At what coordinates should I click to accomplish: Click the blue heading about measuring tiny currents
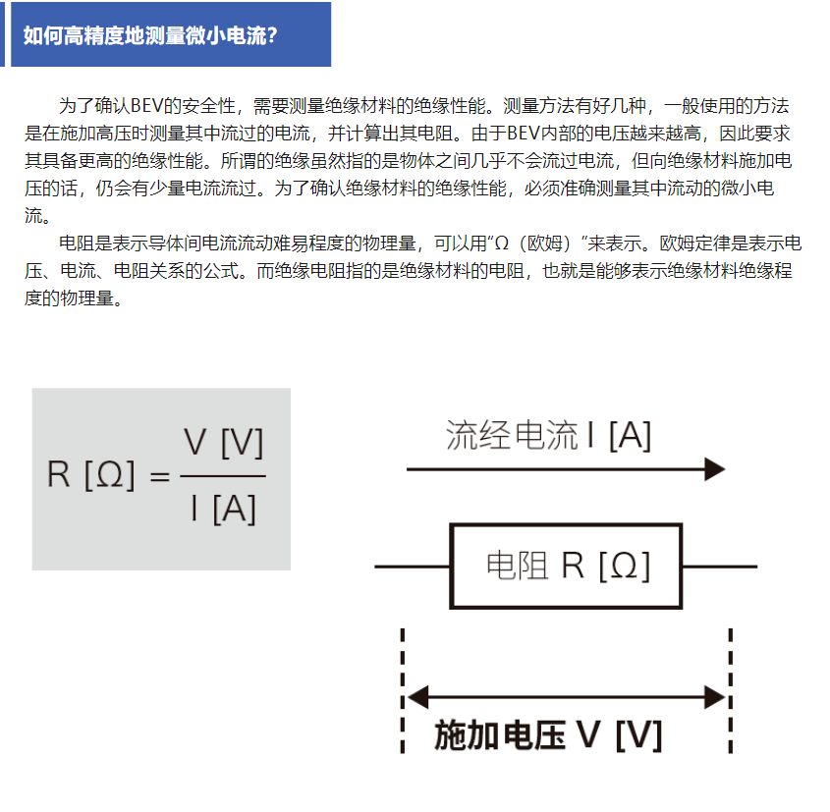(150, 35)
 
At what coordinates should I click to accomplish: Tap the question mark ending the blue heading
(272, 35)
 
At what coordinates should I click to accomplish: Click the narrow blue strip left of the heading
(2, 33)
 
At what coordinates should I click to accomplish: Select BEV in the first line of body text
(146, 106)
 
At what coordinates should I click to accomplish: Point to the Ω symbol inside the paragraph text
(501, 244)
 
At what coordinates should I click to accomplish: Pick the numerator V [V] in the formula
(223, 442)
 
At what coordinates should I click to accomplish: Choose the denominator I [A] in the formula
(224, 509)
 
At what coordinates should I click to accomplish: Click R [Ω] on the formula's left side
(90, 474)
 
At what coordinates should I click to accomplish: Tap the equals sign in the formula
(160, 476)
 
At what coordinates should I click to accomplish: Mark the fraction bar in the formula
(223, 476)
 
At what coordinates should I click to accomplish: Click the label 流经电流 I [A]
(548, 435)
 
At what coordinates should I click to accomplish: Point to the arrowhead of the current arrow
(715, 469)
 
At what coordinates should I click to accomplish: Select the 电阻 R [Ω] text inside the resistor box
(568, 566)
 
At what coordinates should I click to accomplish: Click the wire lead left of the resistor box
(412, 567)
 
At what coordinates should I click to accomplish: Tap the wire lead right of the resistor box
(719, 567)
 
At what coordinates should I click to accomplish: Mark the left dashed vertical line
(403, 690)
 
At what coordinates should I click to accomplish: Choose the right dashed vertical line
(731, 690)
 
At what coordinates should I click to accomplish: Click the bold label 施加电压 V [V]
(548, 735)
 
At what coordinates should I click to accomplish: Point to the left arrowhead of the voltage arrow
(418, 697)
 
